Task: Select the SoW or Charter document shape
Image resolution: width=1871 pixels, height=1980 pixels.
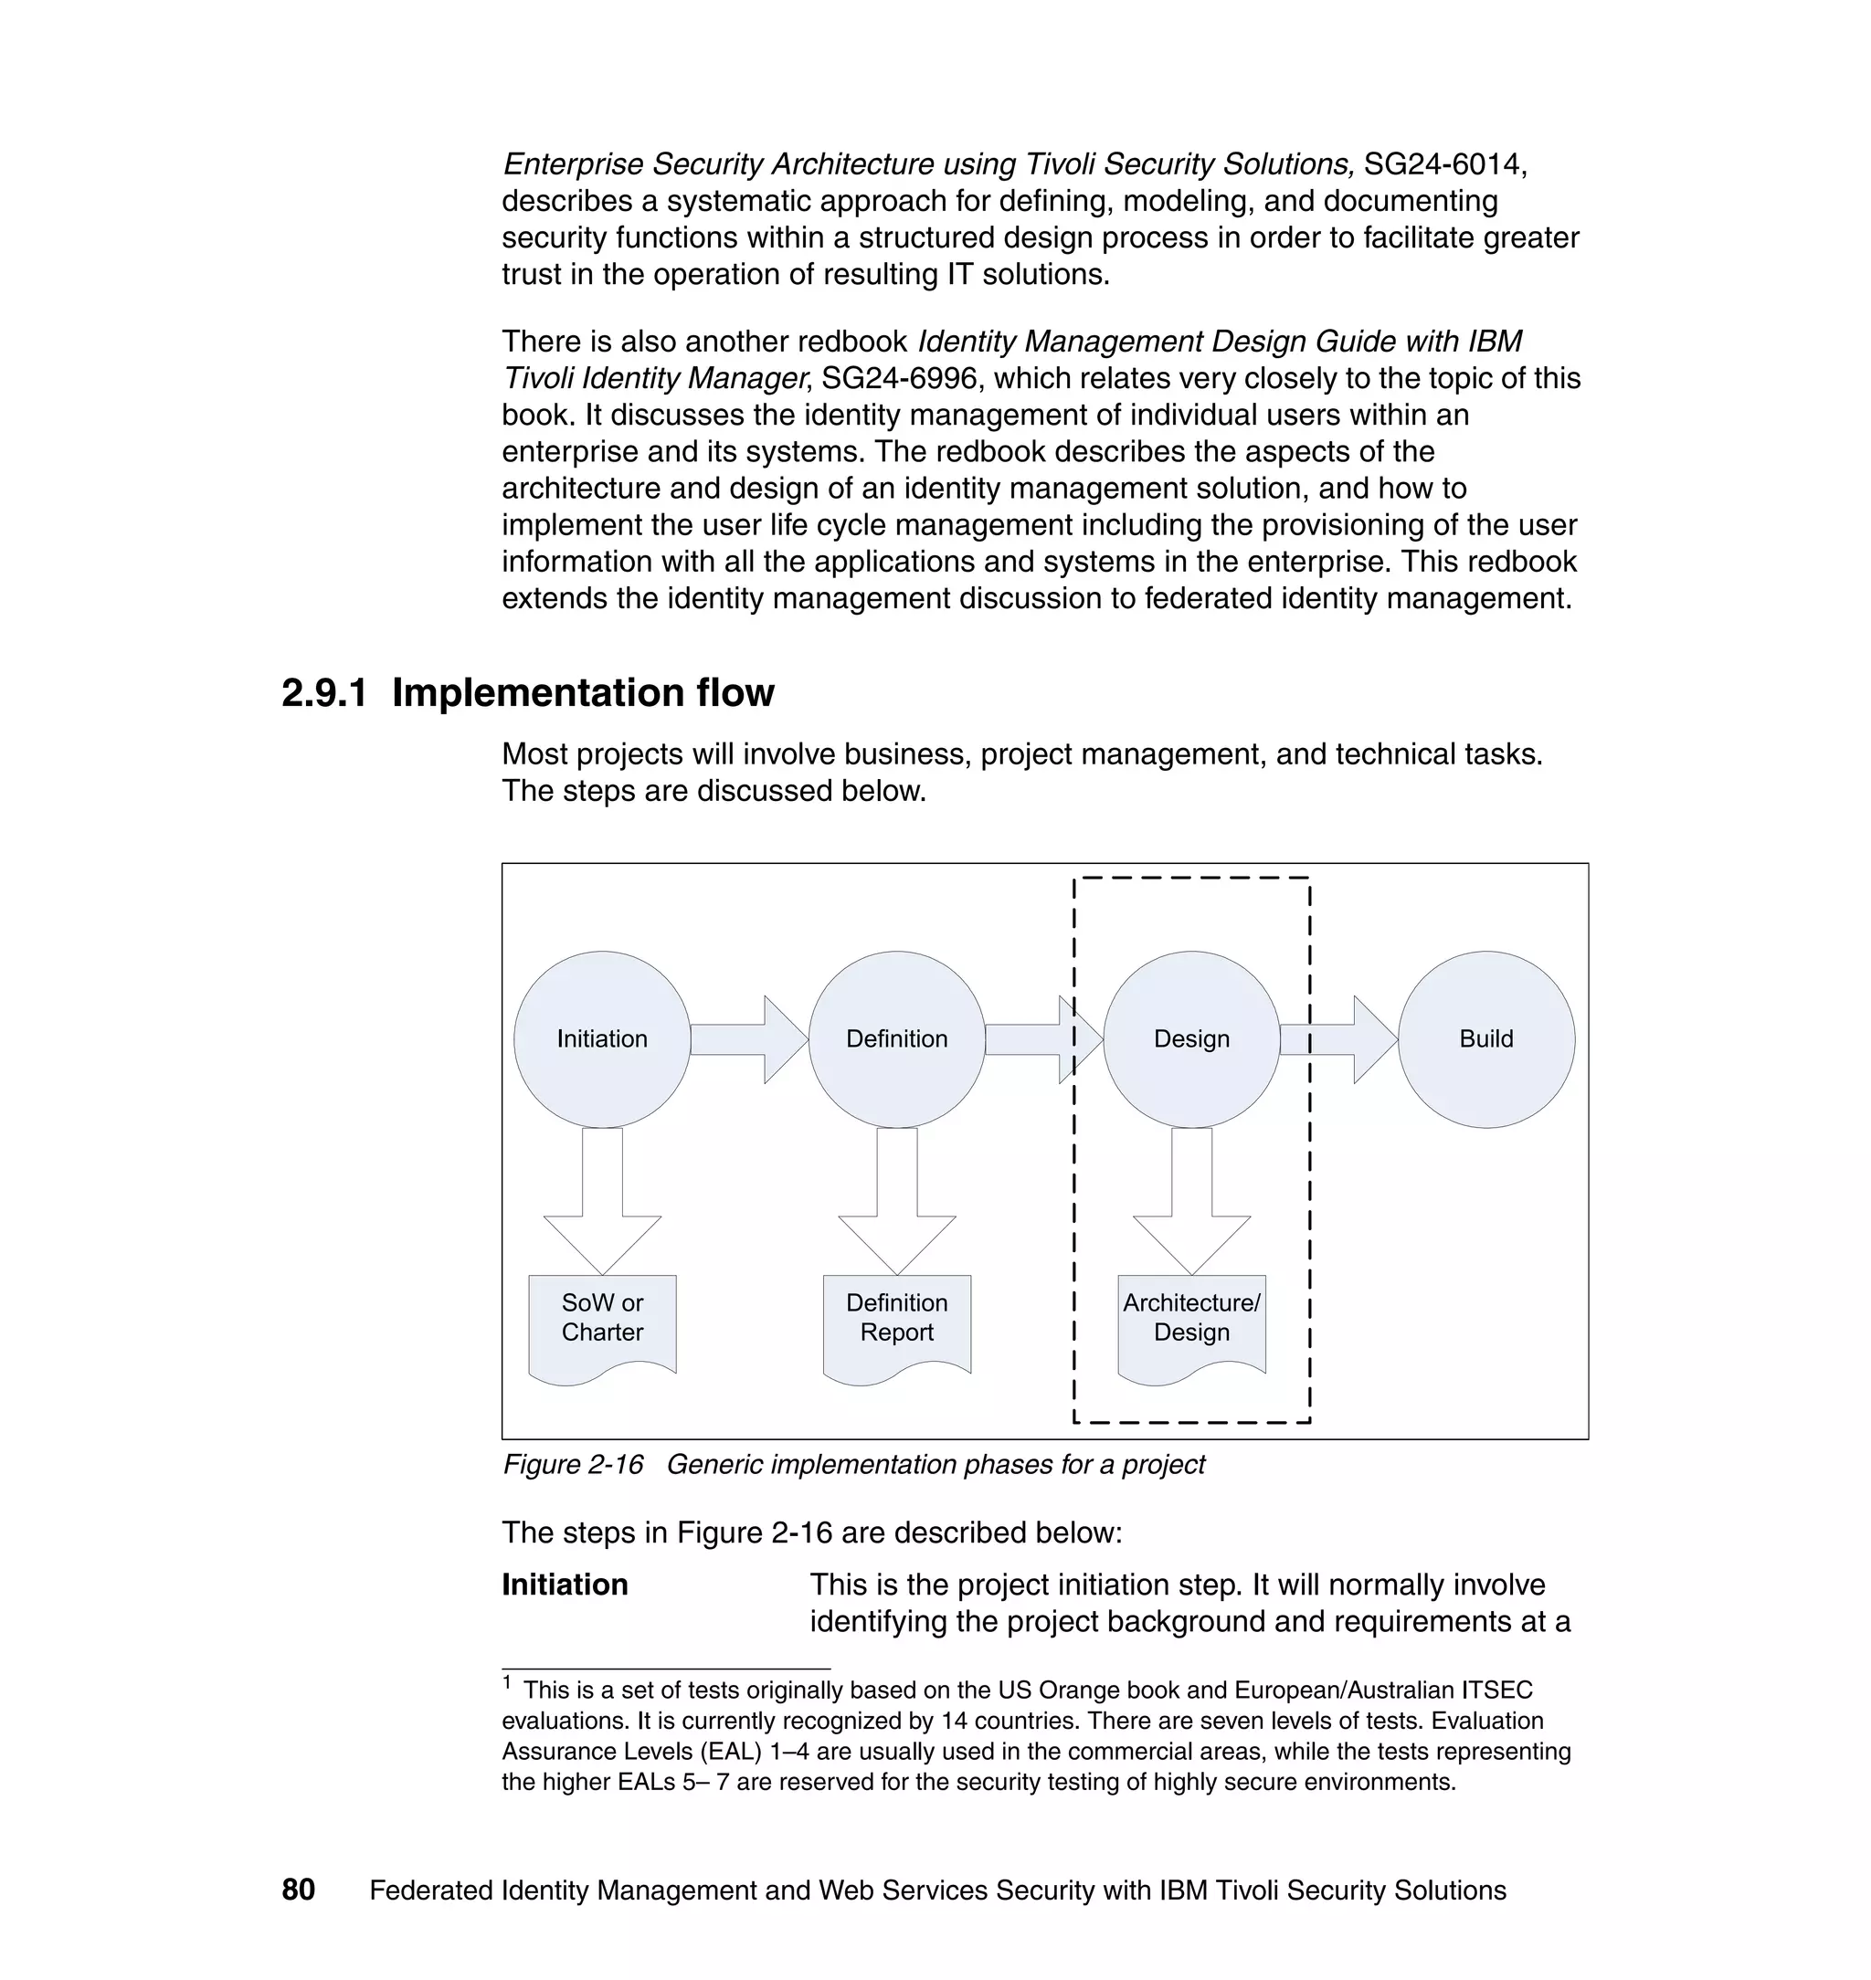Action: pos(601,1326)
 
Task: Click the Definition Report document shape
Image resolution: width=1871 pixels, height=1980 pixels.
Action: pos(896,1326)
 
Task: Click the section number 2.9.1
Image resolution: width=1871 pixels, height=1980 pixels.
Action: pos(324,693)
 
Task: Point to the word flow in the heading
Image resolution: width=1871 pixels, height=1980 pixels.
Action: pos(735,693)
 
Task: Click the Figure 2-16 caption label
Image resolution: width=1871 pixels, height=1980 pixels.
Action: pos(573,1465)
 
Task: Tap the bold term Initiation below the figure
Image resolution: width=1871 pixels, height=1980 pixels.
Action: pos(565,1585)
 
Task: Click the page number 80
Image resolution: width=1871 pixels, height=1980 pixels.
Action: pos(298,1890)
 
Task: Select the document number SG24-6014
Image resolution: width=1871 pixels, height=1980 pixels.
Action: pos(1443,163)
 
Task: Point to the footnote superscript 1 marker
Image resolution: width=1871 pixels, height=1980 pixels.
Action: pos(507,1683)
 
